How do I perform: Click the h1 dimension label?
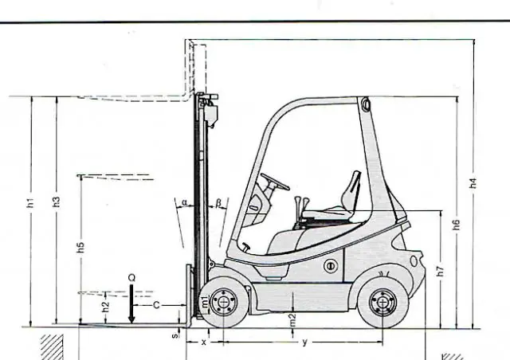30,202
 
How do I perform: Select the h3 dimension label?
57,202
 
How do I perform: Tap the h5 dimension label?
80,247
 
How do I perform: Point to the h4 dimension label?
473,182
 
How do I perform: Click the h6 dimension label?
457,225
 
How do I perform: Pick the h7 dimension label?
440,272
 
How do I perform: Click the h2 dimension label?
105,307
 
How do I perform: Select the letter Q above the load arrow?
131,278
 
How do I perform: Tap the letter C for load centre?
156,305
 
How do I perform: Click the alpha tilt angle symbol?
184,202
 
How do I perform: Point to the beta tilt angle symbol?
218,203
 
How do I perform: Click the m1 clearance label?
205,302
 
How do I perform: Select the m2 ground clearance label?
292,320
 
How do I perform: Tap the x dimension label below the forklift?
204,342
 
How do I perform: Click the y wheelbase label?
304,342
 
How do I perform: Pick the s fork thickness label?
175,335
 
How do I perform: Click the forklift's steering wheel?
275,182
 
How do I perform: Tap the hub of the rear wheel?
382,303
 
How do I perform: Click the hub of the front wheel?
224,302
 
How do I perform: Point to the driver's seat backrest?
351,189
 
